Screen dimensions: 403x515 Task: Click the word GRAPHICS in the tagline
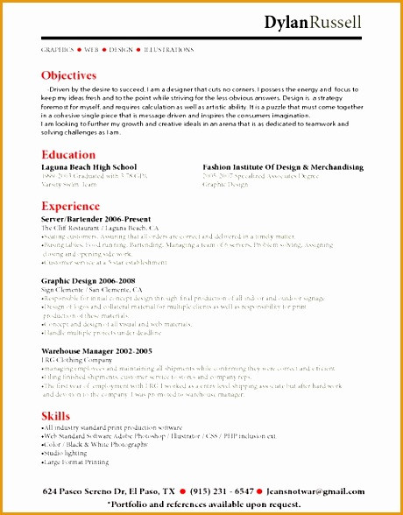[x=58, y=50]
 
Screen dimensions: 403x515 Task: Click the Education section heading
[x=67, y=154]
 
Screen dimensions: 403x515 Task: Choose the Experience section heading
[x=71, y=207]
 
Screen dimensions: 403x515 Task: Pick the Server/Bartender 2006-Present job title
[x=96, y=219]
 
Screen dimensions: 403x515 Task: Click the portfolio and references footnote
[x=203, y=504]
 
